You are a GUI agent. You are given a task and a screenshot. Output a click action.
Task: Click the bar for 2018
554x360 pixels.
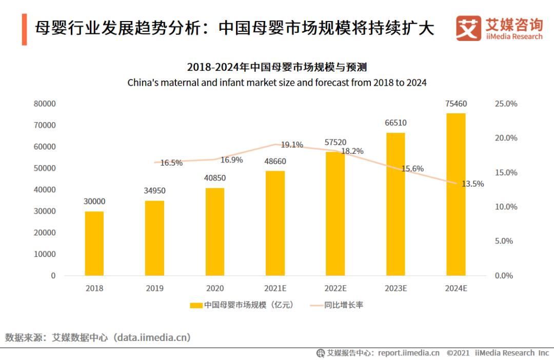(94, 243)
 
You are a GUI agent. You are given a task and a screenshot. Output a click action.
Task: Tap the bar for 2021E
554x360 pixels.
(275, 223)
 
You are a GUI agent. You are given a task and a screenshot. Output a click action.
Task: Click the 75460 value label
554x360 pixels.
(456, 104)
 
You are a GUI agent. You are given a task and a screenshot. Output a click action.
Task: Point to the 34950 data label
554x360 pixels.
(154, 191)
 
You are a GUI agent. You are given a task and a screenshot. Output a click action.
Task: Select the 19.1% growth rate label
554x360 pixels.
(291, 145)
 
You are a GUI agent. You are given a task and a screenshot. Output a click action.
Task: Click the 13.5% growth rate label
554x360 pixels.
(472, 184)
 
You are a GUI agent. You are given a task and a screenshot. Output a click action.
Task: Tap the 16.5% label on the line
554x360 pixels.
(171, 163)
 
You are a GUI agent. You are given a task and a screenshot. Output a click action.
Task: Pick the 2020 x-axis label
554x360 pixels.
(215, 288)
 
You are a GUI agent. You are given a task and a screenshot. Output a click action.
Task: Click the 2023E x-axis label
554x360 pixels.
(395, 288)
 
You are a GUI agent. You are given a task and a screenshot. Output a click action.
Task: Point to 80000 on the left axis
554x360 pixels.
(45, 104)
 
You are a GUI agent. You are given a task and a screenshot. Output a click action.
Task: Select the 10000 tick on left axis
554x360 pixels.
(45, 254)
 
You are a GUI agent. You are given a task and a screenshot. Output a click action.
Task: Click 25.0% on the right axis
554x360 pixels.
(506, 104)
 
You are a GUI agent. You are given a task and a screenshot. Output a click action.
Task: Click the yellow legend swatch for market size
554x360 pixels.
(196, 305)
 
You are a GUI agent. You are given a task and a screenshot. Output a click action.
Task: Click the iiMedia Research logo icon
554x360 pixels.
(468, 29)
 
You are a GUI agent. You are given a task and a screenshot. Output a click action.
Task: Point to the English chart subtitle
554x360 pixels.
(277, 82)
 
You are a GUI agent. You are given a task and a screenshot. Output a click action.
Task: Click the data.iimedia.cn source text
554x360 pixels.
(153, 337)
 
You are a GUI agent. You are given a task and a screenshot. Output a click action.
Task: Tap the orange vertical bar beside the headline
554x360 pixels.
(24, 29)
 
